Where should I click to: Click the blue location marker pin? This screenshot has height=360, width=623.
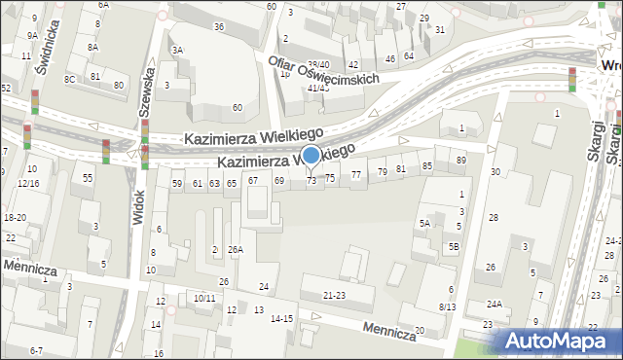coord(311,156)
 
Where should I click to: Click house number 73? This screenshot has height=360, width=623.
coord(311,180)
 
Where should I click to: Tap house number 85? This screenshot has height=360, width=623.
coord(426,166)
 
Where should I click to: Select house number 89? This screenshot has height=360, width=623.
coord(460,160)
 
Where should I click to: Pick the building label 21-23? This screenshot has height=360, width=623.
coord(335,295)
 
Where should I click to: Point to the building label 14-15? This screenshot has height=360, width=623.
coord(281,318)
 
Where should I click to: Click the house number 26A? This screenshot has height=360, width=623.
coord(235,250)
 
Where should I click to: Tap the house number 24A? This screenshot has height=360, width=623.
coord(495,305)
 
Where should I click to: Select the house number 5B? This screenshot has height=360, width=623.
coord(454,247)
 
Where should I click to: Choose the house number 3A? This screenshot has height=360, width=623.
coord(176,50)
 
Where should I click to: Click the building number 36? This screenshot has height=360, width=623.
coord(219,26)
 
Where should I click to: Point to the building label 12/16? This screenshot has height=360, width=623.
coord(26,183)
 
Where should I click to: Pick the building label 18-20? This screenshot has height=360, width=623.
coord(15,218)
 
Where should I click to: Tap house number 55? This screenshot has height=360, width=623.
coord(88,178)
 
